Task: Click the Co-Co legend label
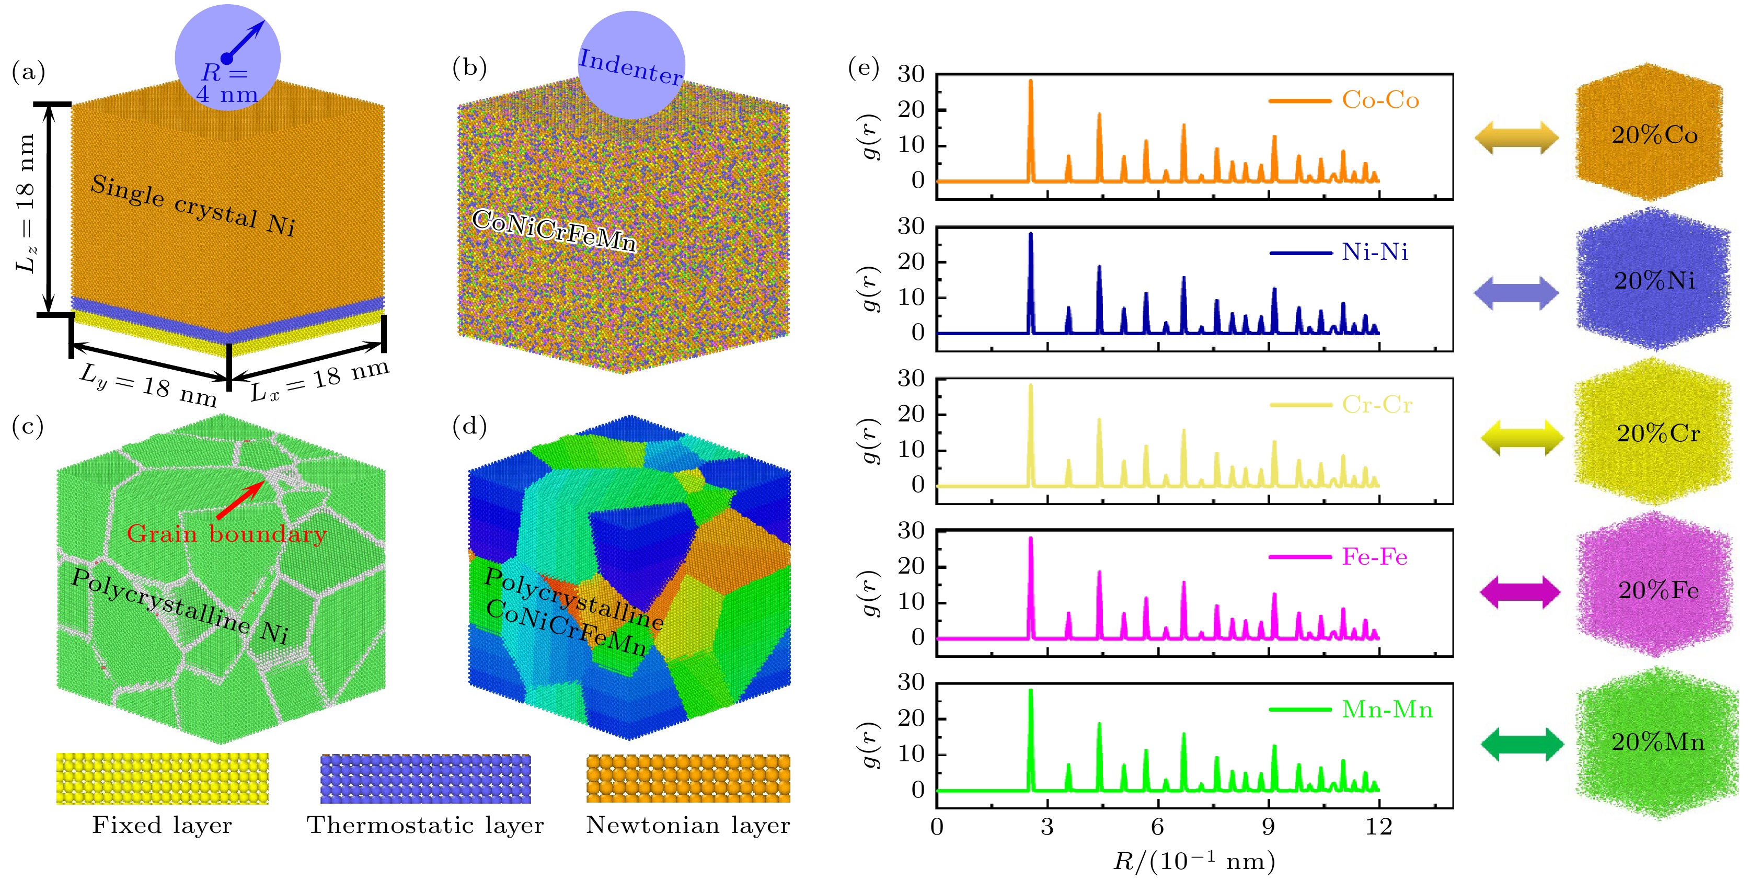tap(1379, 100)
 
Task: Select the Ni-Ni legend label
tap(1374, 253)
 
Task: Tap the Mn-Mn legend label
tap(1386, 710)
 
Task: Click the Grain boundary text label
tap(226, 534)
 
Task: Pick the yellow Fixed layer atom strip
tap(162, 778)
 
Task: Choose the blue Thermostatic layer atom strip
tap(425, 778)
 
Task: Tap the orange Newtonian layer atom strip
tap(688, 778)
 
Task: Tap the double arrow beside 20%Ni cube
tap(1516, 293)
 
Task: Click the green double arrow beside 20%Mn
tap(1522, 744)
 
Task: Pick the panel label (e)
tap(864, 68)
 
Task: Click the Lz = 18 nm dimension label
tap(26, 204)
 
